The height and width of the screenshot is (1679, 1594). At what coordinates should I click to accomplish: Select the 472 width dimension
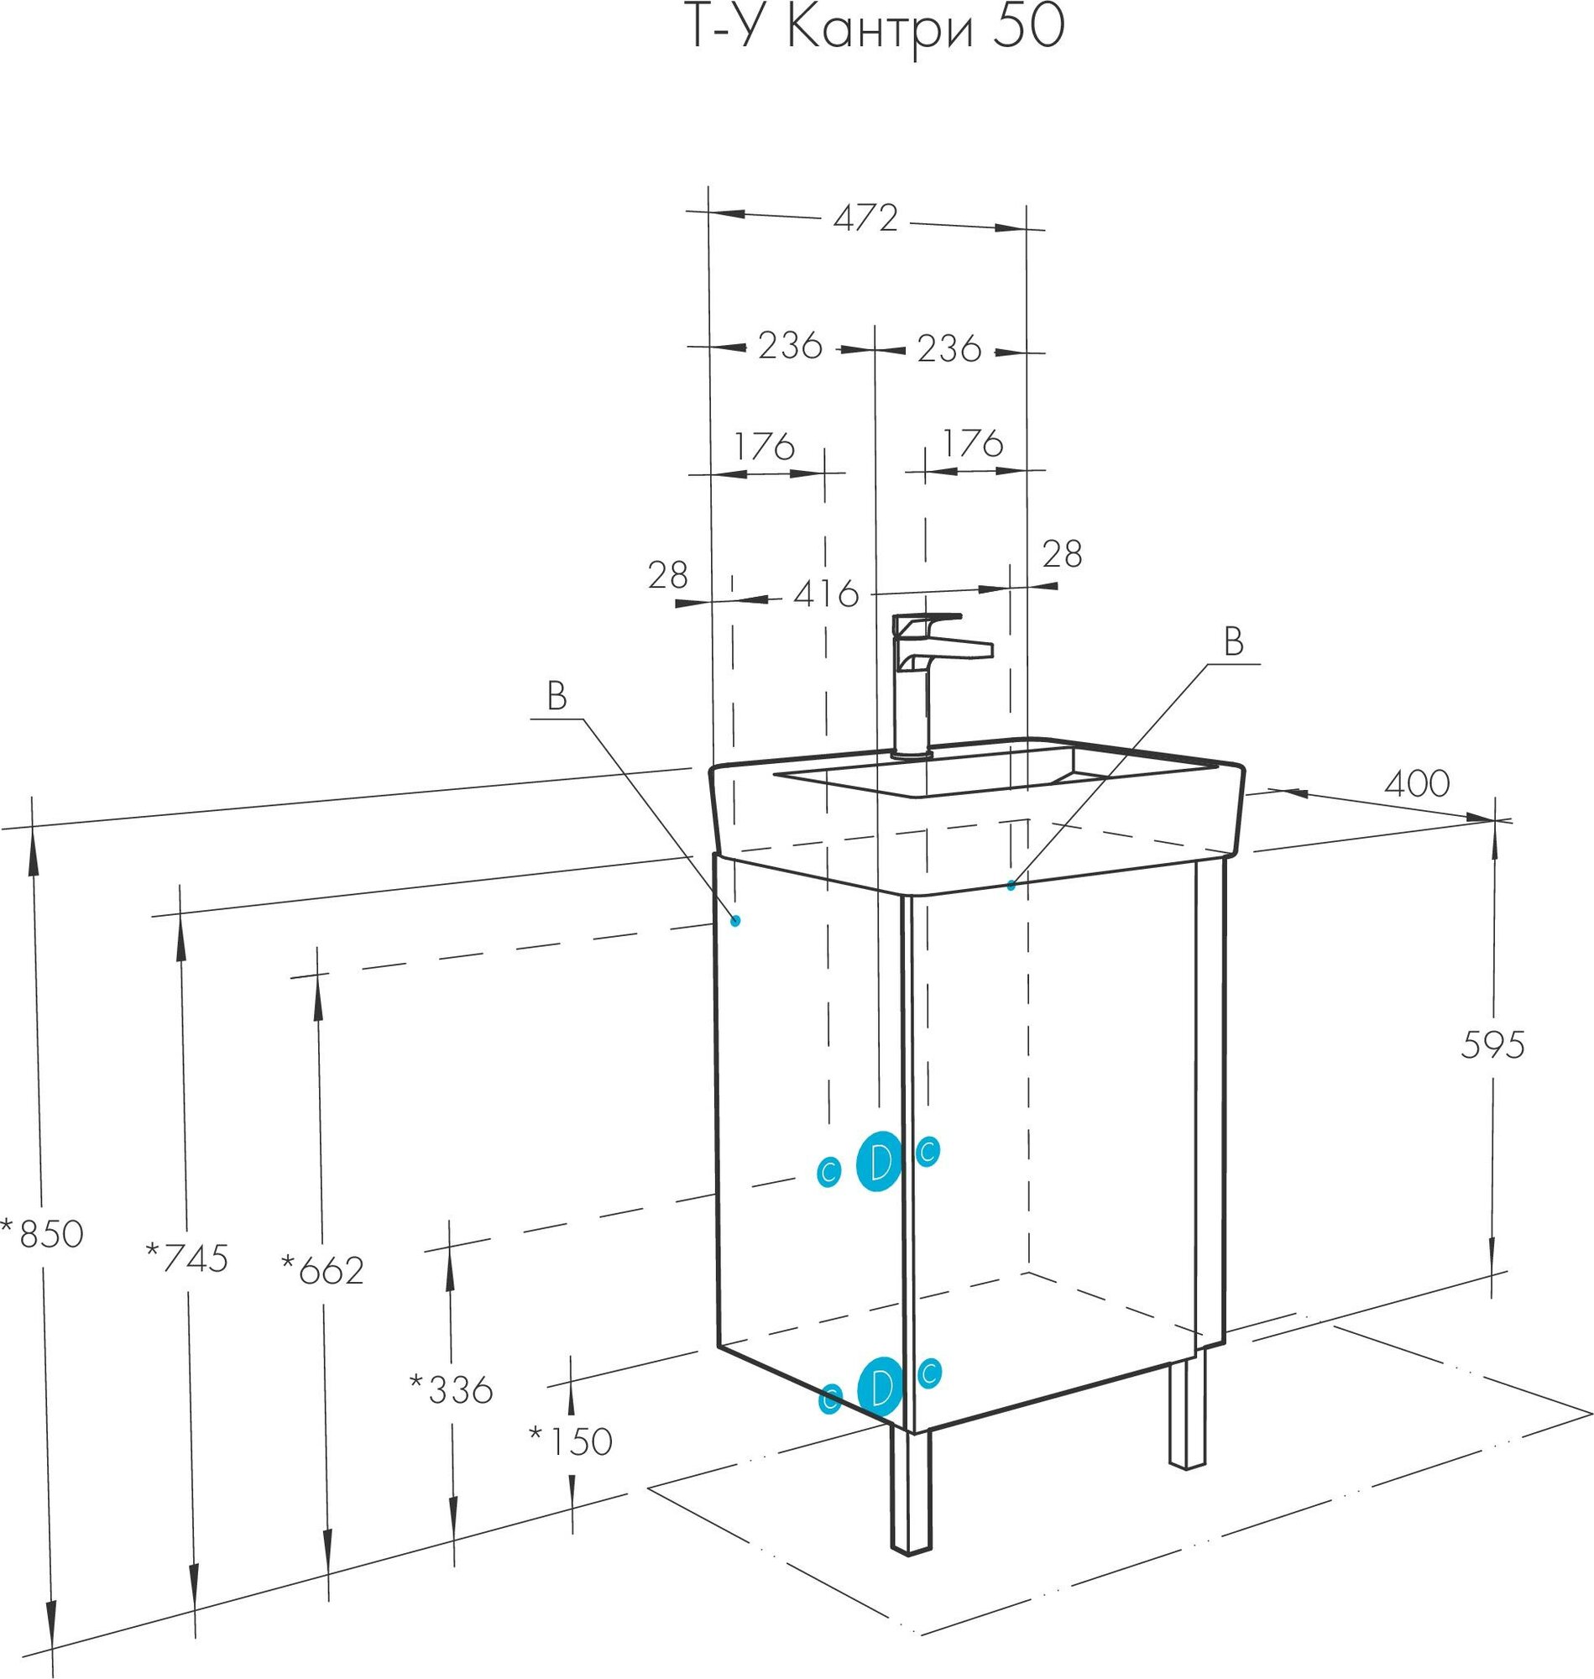865,219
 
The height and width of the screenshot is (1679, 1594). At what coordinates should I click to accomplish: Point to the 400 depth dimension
1416,783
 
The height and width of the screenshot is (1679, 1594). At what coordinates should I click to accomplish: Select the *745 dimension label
188,1258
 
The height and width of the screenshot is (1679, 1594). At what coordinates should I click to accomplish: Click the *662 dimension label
323,1270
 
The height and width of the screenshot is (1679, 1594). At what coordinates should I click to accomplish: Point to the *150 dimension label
571,1441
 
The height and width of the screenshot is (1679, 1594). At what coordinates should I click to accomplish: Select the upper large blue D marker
880,1162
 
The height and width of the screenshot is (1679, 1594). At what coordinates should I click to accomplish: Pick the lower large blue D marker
880,1387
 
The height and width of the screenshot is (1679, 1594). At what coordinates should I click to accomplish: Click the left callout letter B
557,698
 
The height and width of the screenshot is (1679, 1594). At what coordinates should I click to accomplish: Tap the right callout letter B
1233,642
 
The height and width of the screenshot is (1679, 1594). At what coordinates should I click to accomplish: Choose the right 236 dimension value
949,348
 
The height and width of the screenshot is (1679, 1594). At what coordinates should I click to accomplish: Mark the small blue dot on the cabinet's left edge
736,920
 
